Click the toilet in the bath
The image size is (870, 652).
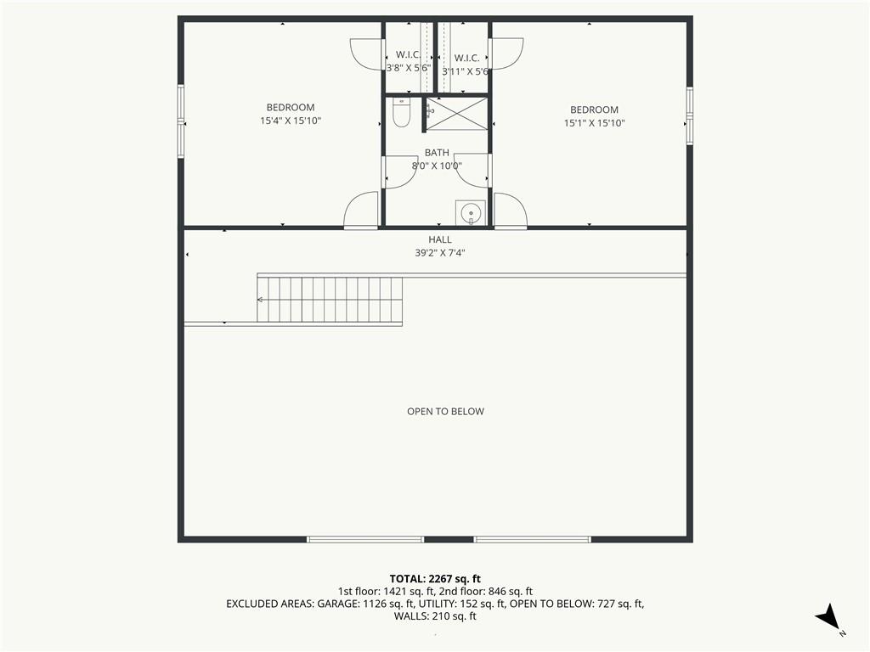(401, 113)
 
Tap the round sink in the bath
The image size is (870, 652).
(471, 213)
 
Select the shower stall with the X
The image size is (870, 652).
(456, 114)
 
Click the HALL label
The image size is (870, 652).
(440, 239)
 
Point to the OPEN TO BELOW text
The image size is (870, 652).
(445, 412)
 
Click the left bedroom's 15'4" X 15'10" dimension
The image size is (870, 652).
(291, 121)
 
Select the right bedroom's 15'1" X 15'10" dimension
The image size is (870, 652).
(594, 123)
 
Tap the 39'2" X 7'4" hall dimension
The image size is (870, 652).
(440, 253)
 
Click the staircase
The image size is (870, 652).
(330, 300)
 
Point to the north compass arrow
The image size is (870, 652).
(828, 616)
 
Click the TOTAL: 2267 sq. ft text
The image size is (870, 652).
(435, 579)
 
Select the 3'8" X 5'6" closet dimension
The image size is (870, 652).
(409, 68)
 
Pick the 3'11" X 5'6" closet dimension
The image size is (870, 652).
(466, 71)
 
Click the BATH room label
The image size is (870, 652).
(437, 153)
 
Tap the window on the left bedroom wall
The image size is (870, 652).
(181, 121)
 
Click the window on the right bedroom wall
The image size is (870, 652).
(690, 115)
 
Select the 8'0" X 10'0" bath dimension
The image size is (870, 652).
(437, 166)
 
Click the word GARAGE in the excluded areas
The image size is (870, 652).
(337, 604)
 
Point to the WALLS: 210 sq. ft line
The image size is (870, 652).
(435, 616)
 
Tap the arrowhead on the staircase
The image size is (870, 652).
(260, 300)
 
